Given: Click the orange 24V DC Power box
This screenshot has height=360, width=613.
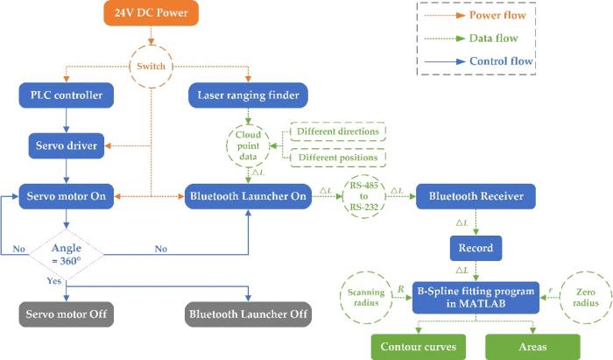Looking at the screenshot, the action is point(151,13).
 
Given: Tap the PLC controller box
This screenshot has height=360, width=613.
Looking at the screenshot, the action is point(67,95).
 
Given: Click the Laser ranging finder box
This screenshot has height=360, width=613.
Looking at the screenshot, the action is point(248,95).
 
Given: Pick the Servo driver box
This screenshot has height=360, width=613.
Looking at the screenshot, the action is point(67,145).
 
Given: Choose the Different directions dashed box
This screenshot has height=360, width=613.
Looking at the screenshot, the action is point(338,131).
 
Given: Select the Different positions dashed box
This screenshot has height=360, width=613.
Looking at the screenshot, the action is point(338,158).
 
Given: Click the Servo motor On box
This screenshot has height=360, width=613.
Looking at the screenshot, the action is point(67,196).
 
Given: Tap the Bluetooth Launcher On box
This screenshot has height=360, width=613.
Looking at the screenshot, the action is point(248,196).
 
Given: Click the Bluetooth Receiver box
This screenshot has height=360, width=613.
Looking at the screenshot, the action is point(476,196).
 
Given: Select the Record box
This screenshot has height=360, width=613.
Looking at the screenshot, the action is point(476,248).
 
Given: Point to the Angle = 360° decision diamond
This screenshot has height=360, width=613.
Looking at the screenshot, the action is point(67,255).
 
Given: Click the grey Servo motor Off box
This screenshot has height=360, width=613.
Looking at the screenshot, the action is point(67,314).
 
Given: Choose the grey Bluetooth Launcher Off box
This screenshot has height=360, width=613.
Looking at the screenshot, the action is point(248,314).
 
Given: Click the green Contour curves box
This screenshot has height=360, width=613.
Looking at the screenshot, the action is point(419,347).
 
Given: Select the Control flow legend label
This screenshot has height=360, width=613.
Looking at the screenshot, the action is point(501,61).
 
